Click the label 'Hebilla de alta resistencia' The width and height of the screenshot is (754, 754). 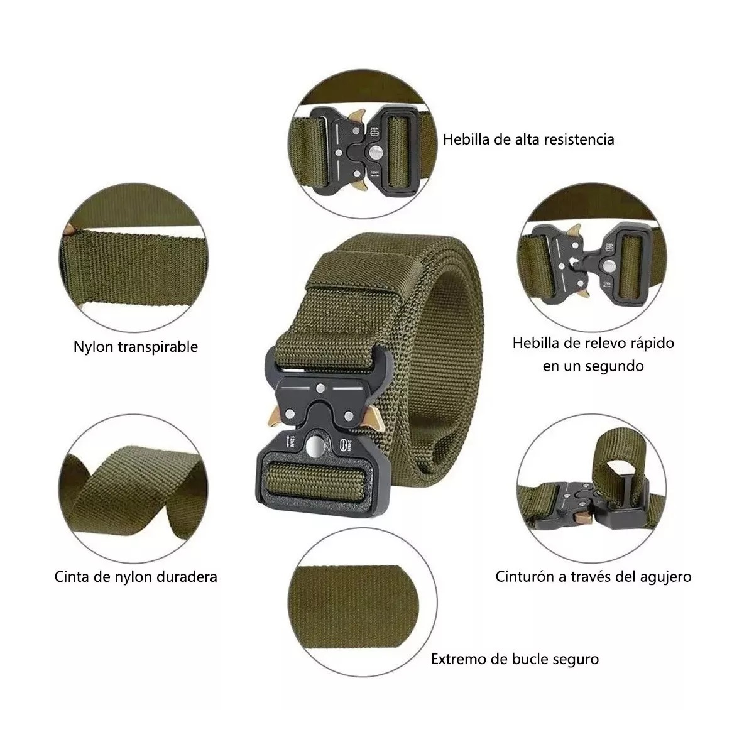pyautogui.click(x=528, y=139)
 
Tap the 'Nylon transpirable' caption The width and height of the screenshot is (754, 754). pyautogui.click(x=135, y=346)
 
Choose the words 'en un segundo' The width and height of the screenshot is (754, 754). pyautogui.click(x=593, y=366)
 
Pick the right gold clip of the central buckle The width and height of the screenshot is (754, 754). pyautogui.click(x=371, y=418)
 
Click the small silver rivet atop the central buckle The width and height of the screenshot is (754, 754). pyautogui.click(x=320, y=388)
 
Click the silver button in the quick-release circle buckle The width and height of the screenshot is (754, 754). pyautogui.click(x=608, y=266)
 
